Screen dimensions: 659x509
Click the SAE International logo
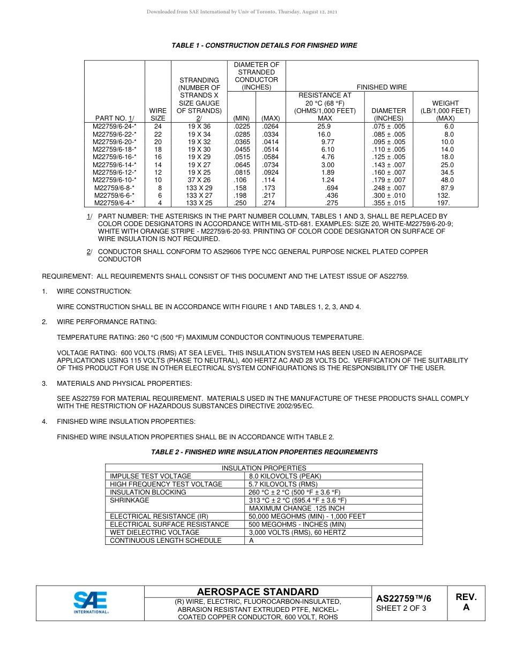pos(91,603)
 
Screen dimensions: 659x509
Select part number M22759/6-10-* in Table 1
pos(114,180)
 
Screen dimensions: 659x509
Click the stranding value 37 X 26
pos(199,180)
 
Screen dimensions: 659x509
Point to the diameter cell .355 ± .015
pos(388,203)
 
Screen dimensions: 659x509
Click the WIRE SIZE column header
pos(158,115)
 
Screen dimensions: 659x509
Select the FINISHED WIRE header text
pos(381,87)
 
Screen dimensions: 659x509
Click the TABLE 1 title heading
pos(264,46)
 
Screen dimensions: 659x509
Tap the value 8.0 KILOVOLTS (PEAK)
pos(285,476)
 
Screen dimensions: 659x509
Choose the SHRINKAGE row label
pos(129,500)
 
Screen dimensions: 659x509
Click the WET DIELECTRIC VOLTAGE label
pos(154,533)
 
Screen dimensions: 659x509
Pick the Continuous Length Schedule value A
pos(251,541)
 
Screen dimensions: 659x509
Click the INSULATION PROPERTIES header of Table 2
pos(264,468)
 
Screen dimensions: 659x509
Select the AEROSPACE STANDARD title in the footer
pos(258,591)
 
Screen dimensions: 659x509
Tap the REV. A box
pos(466,602)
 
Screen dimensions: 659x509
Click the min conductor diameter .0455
pos(242,149)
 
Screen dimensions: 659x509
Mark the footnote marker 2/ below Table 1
pos(89,251)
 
